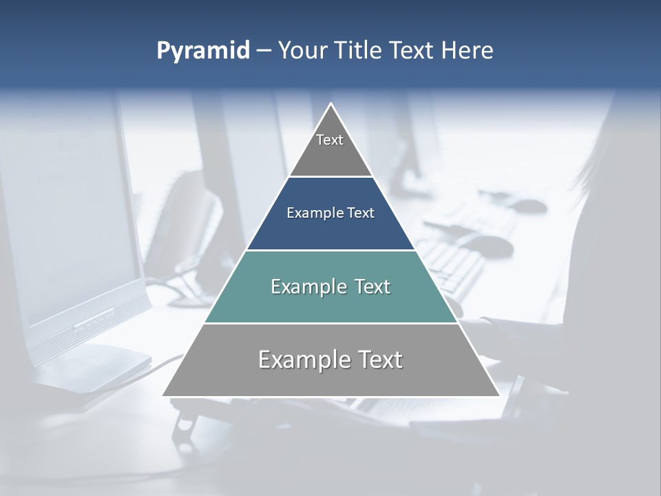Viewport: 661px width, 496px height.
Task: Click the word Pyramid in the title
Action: point(203,51)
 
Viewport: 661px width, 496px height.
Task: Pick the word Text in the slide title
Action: point(412,50)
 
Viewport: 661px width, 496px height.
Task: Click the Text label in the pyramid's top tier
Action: point(330,140)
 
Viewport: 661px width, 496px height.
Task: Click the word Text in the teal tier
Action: point(373,287)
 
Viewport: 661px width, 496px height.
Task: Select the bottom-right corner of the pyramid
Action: point(499,395)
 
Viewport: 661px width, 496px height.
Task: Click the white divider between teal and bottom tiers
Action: point(330,323)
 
